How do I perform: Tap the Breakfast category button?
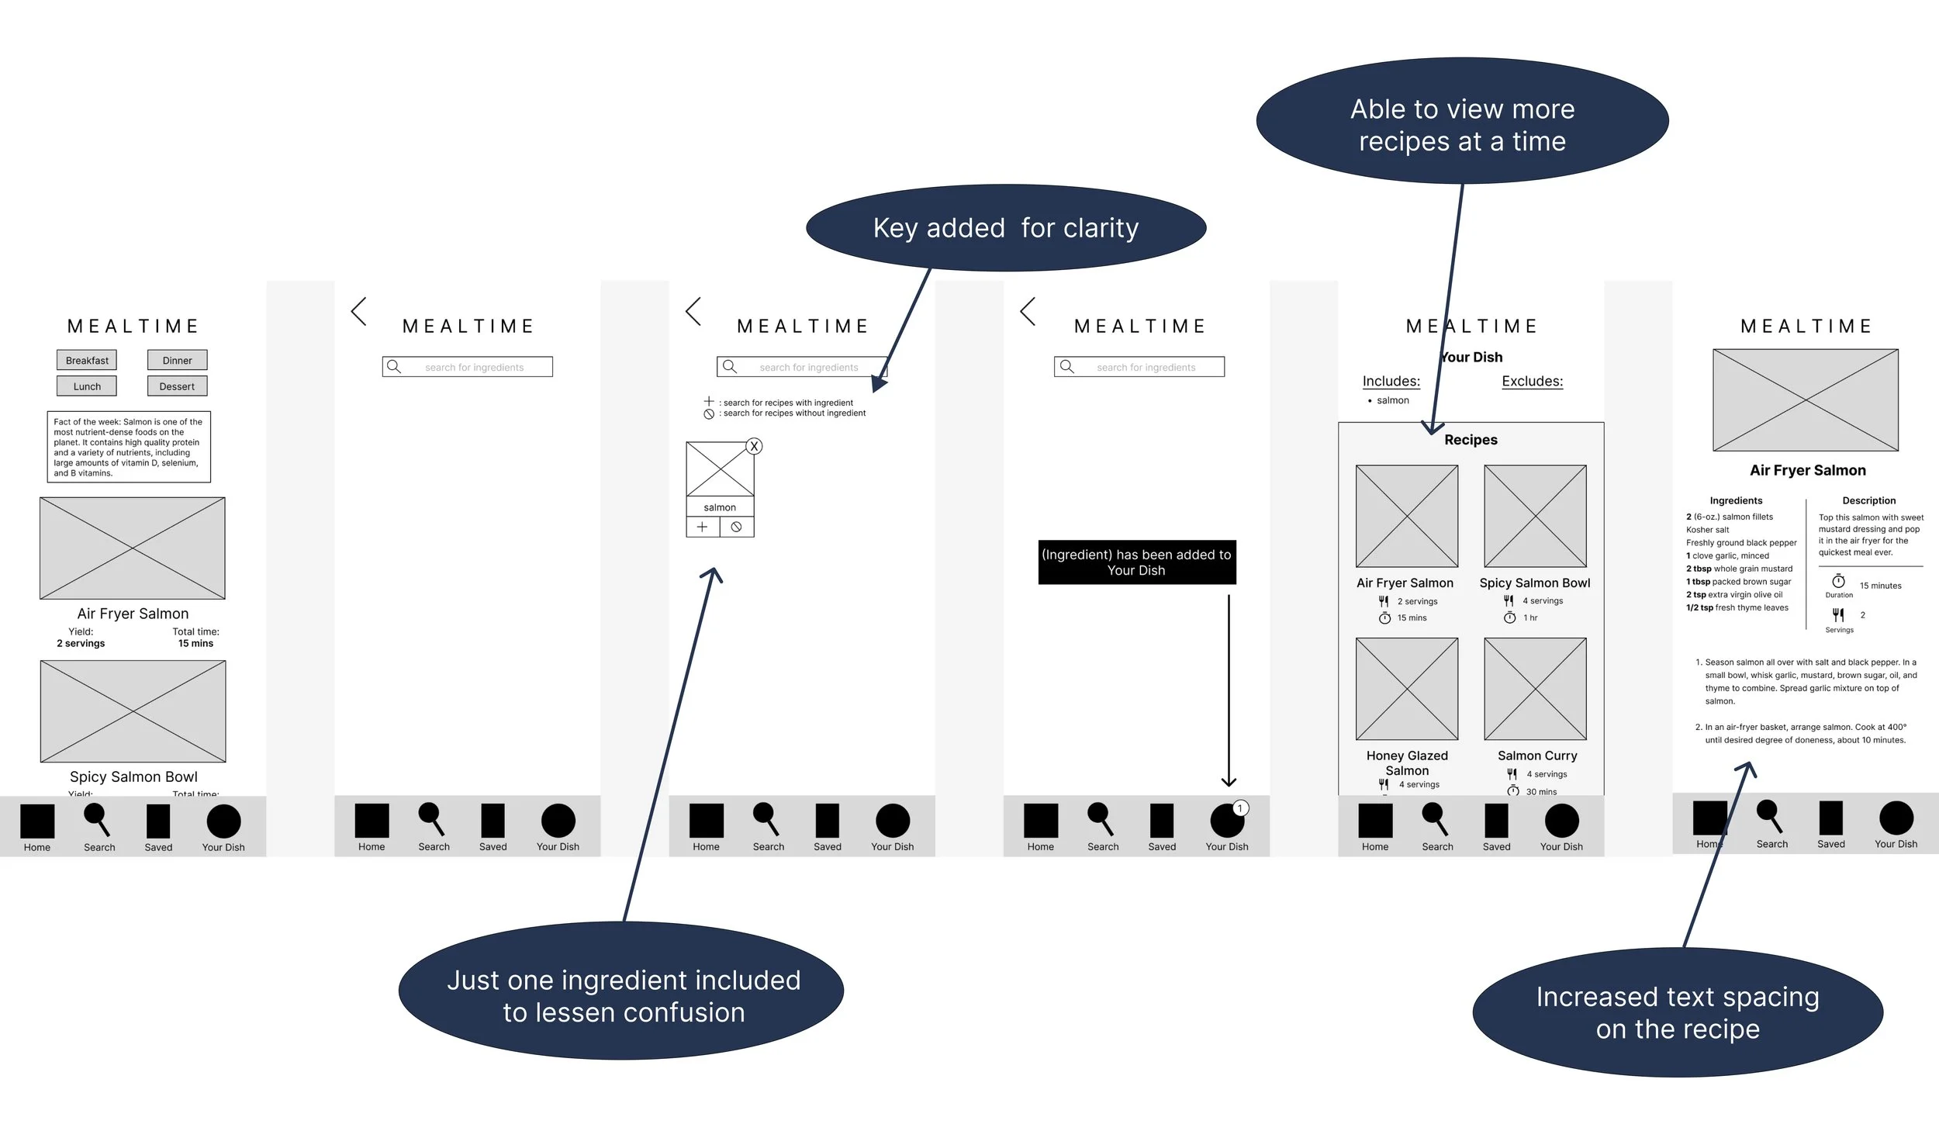[x=87, y=360]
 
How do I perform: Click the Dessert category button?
[x=177, y=386]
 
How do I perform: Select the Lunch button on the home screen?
[x=87, y=386]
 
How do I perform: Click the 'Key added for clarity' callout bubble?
[x=1005, y=228]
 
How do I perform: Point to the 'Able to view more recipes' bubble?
[x=1462, y=124]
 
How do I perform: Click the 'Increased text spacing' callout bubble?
[x=1678, y=1012]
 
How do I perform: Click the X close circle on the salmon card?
[x=754, y=446]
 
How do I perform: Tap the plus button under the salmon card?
[x=703, y=527]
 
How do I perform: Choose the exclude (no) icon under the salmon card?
[x=737, y=527]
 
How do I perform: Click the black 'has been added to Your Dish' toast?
[x=1136, y=562]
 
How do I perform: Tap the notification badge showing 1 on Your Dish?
[x=1240, y=808]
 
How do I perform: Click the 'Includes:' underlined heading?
[x=1391, y=381]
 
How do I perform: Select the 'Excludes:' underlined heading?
[x=1533, y=381]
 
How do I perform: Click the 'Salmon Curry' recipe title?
[x=1537, y=756]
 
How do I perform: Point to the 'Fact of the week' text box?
[x=129, y=447]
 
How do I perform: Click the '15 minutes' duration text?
[x=1880, y=586]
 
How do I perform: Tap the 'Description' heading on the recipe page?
[x=1868, y=500]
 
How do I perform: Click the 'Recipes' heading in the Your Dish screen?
[x=1471, y=440]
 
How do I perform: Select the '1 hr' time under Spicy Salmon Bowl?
[x=1530, y=617]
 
